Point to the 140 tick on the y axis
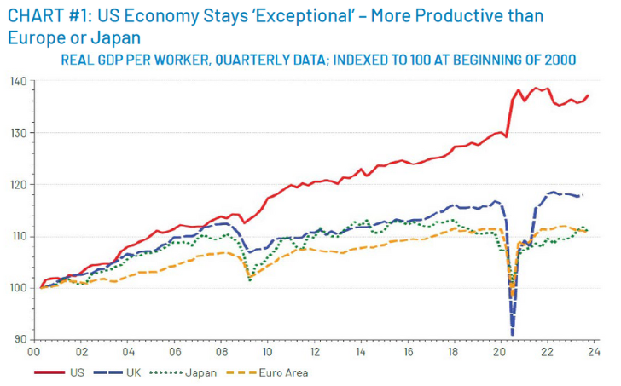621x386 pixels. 19,81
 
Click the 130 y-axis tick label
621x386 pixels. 19,133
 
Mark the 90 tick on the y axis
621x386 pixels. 20,339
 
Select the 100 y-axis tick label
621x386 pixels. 19,287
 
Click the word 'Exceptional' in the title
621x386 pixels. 304,16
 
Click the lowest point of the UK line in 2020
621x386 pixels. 513,335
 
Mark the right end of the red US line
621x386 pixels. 589,95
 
